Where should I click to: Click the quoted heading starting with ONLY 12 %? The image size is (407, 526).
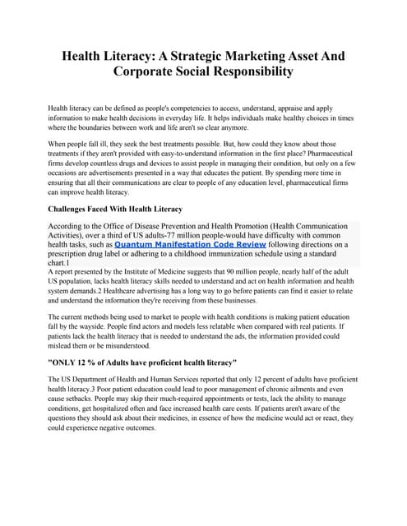point(142,362)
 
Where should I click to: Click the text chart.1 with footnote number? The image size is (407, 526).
point(61,265)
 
